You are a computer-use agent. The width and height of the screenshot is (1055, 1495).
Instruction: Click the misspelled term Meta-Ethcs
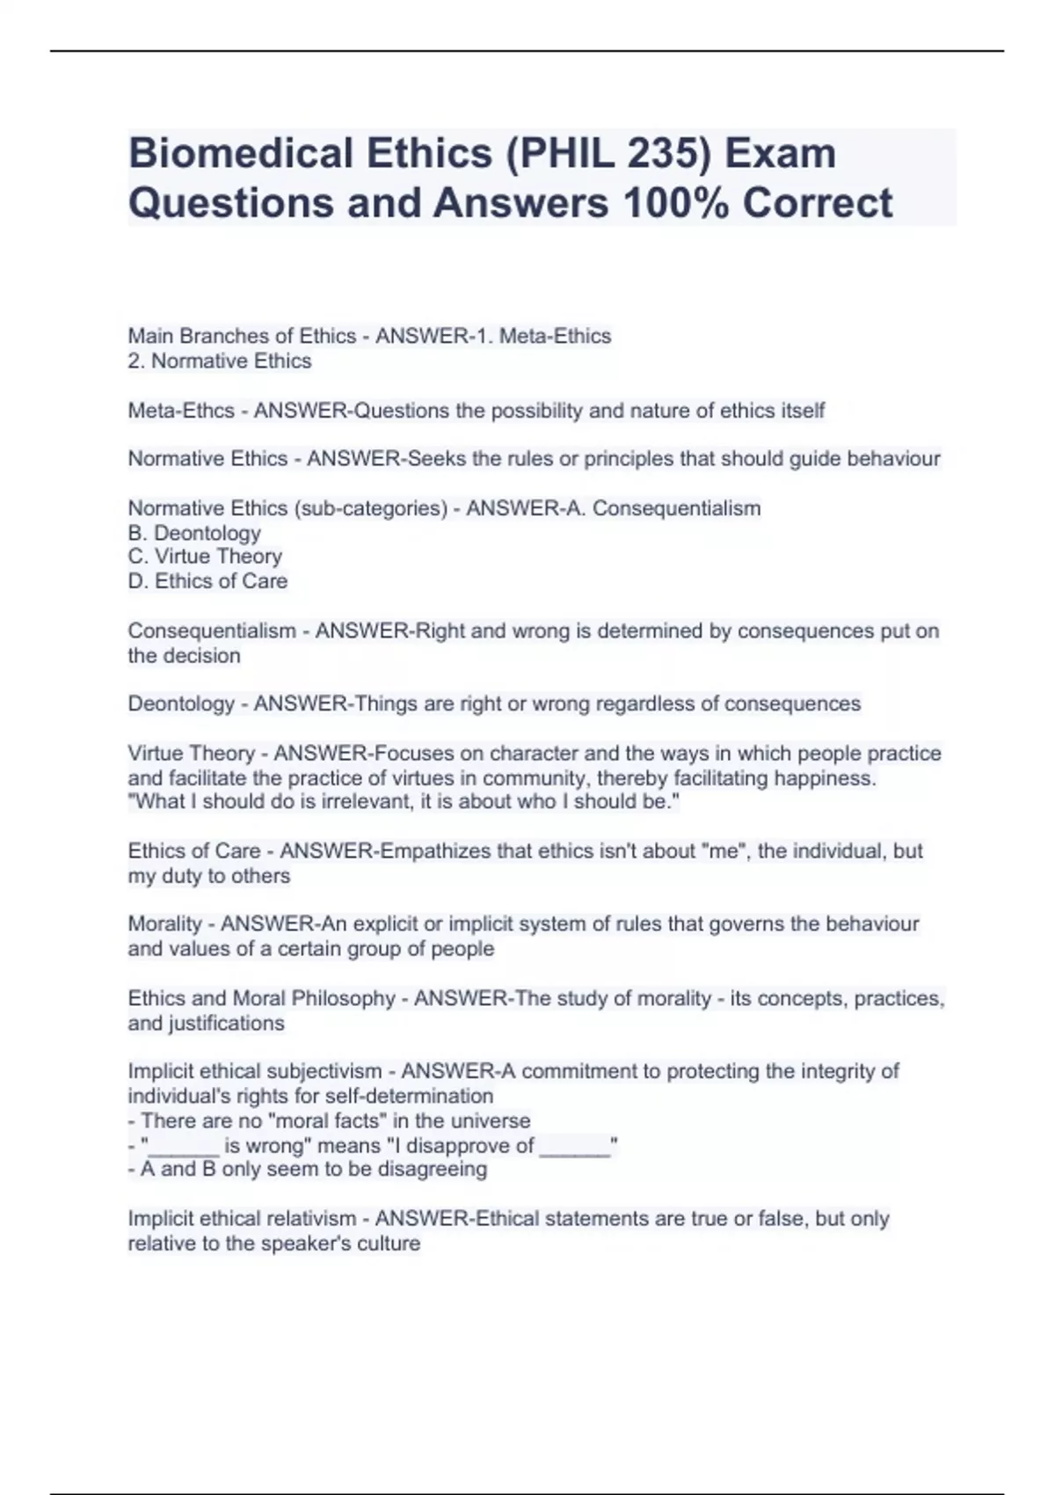181,411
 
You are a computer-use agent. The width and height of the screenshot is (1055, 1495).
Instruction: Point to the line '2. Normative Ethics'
220,361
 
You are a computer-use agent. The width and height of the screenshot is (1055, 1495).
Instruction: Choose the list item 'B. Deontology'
194,533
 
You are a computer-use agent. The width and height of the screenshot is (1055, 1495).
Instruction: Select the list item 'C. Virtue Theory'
205,557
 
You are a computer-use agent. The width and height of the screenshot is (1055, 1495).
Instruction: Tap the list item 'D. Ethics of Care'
207,581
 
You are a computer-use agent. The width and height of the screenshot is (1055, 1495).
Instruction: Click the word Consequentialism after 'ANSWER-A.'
676,508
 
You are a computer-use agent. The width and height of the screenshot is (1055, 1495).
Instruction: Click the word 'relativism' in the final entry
313,1219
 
